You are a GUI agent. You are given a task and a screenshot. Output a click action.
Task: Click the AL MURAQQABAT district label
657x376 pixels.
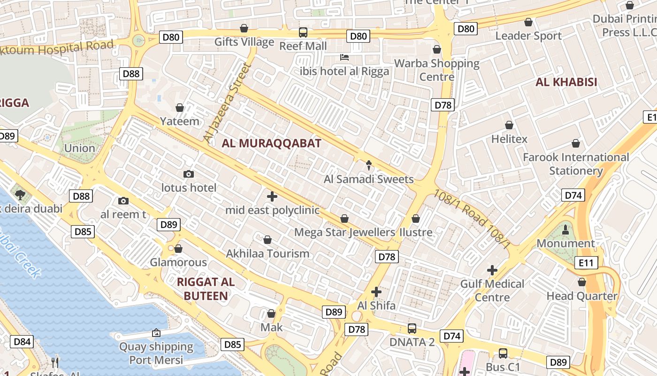(272, 143)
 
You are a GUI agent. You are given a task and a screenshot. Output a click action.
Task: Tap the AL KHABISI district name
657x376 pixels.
(566, 82)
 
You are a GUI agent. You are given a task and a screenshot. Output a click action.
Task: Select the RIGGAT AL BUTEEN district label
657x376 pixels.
(206, 289)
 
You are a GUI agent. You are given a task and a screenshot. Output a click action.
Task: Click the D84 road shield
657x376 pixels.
(22, 342)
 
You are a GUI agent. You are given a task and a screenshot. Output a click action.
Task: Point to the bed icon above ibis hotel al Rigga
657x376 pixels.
(344, 57)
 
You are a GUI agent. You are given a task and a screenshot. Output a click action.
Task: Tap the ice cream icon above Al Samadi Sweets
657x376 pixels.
(369, 165)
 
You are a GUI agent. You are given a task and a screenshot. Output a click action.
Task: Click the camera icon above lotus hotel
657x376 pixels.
(189, 174)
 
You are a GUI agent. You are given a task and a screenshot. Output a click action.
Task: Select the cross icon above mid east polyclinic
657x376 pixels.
(272, 196)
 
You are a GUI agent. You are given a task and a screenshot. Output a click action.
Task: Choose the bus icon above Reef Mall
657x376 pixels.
(303, 32)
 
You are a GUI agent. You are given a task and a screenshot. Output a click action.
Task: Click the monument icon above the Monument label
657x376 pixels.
(565, 230)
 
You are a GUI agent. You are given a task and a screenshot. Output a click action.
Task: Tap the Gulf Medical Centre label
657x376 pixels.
(492, 290)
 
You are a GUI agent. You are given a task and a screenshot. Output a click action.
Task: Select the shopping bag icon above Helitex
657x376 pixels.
(509, 125)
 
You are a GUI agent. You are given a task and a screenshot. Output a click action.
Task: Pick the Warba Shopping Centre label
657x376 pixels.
(437, 70)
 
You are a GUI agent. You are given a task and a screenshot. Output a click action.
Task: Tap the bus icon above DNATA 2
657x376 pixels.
(412, 329)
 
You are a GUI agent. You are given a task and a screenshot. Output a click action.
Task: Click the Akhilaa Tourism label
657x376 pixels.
(267, 254)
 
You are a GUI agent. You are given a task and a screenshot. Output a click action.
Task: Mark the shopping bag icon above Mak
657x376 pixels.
(271, 313)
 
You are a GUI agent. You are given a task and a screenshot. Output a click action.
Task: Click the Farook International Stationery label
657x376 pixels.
(576, 164)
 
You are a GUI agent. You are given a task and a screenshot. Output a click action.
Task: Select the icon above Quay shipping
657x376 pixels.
(156, 333)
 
